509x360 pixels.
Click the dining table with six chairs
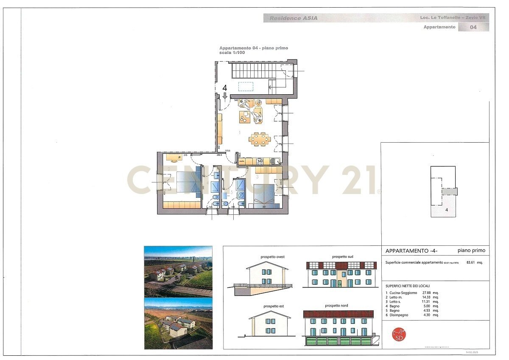(259, 139)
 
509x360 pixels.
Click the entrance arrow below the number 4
(225, 96)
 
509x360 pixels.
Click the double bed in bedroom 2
(183, 183)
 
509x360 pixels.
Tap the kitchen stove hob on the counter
(262, 160)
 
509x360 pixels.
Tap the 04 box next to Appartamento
(473, 27)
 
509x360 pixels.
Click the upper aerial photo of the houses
(178, 271)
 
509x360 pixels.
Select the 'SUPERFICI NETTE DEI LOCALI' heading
(407, 286)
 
